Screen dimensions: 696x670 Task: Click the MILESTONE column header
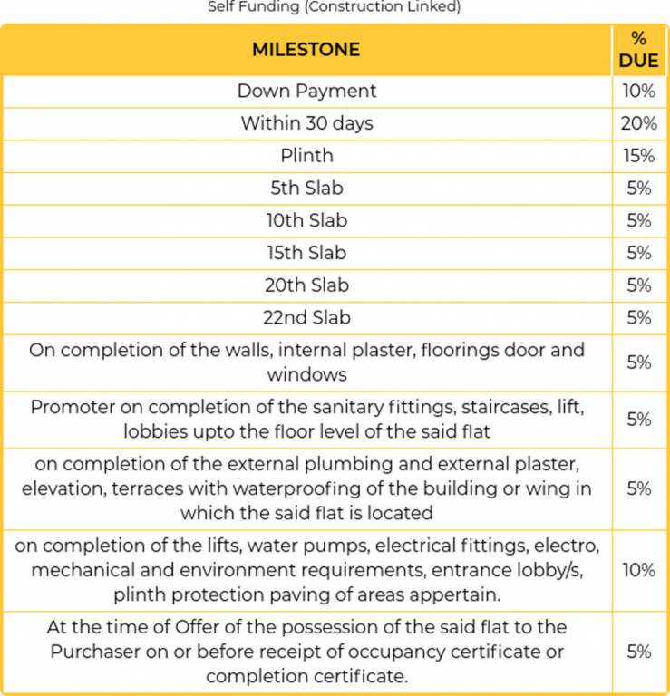click(306, 49)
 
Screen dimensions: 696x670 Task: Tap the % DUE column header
click(638, 50)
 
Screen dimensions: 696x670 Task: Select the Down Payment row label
click(306, 91)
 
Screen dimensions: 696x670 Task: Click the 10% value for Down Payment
click(638, 91)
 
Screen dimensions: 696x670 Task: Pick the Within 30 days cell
click(306, 123)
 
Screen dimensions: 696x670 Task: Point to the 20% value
click(638, 123)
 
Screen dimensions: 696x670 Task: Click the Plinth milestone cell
click(306, 156)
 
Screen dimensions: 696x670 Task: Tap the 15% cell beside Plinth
click(638, 156)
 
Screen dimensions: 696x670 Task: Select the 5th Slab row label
click(306, 188)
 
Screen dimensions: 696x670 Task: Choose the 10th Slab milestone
click(306, 220)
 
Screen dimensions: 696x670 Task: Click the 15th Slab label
click(306, 253)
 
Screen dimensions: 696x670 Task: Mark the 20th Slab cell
click(306, 285)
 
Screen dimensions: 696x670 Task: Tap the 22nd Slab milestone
click(306, 318)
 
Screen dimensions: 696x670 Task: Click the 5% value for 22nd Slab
click(638, 318)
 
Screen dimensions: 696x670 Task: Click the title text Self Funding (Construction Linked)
click(335, 7)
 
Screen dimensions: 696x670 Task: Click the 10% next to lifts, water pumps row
click(638, 570)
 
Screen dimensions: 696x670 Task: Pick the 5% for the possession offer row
click(638, 652)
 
